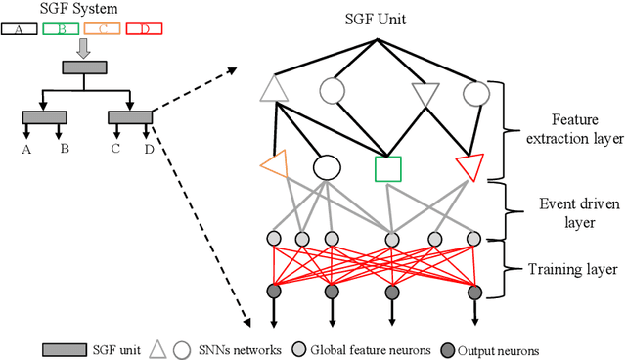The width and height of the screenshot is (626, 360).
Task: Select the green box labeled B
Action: tap(64, 28)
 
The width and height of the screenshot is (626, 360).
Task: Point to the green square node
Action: tap(389, 168)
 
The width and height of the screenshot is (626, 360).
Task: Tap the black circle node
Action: tap(325, 167)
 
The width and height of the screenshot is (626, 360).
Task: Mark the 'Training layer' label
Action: tap(571, 267)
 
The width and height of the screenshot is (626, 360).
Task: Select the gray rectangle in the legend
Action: tap(65, 349)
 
